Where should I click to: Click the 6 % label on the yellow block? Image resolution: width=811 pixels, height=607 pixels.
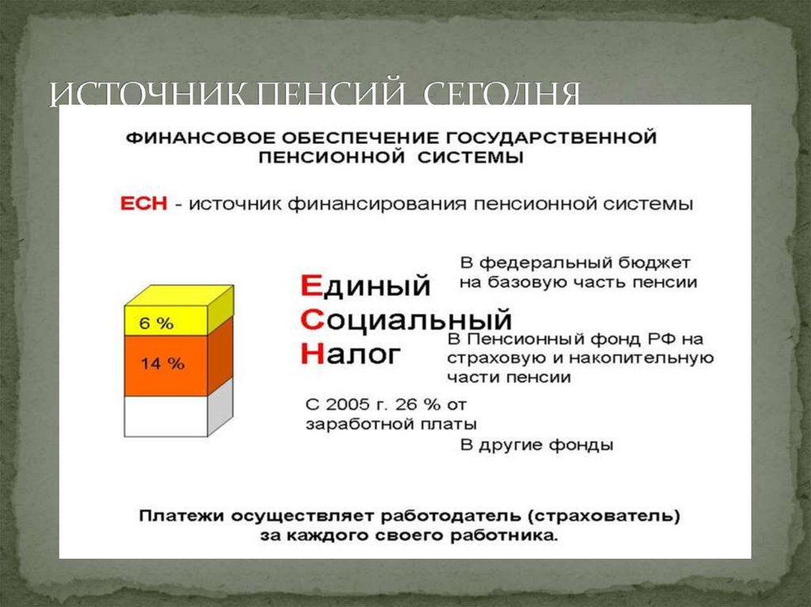tap(156, 323)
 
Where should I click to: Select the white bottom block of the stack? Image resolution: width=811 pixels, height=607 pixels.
tap(166, 415)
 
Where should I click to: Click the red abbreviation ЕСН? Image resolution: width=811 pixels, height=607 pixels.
tap(143, 203)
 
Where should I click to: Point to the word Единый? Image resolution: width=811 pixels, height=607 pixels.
tap(366, 285)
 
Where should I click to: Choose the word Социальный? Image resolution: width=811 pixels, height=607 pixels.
tap(406, 321)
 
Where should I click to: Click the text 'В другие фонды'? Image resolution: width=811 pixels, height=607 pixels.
tap(537, 445)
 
